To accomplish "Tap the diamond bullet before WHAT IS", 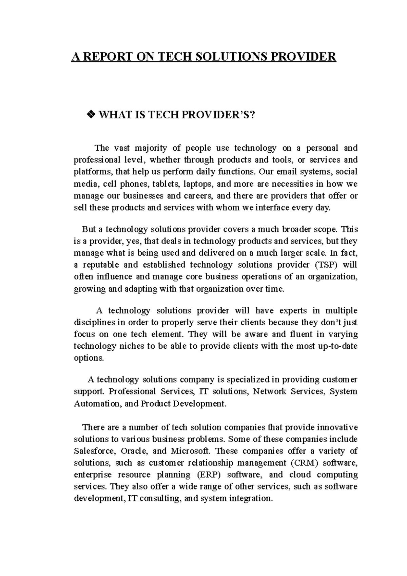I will tap(91, 116).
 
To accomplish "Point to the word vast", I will tap(122, 148).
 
